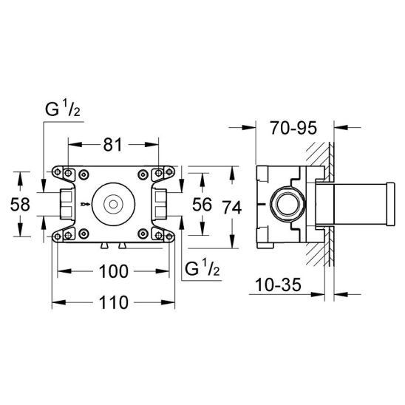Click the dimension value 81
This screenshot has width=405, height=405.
click(x=112, y=145)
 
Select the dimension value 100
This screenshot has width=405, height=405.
click(x=113, y=271)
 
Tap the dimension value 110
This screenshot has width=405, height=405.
click(x=113, y=302)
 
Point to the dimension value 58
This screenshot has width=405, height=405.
click(x=20, y=204)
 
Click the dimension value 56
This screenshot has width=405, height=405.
click(x=202, y=204)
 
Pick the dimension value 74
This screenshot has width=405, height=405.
click(x=232, y=208)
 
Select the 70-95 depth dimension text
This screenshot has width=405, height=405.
click(x=293, y=128)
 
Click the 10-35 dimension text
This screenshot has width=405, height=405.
click(x=278, y=285)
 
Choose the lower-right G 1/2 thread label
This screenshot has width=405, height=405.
click(x=202, y=268)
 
